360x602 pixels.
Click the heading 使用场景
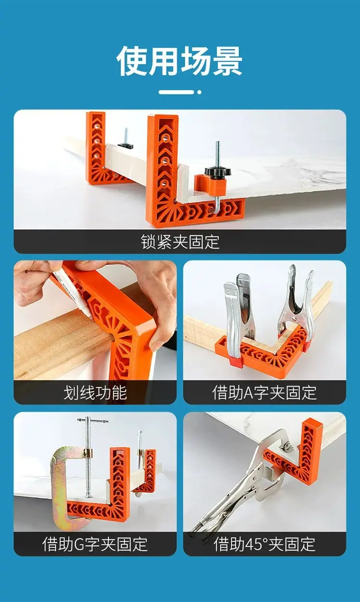[180, 61]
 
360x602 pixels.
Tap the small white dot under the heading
[199, 92]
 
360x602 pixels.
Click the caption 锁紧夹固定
[180, 242]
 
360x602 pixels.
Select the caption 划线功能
[95, 393]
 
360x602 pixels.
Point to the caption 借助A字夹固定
[264, 393]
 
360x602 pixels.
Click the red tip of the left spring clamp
[236, 362]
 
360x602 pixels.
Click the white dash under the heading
[176, 92]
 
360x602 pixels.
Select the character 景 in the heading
[228, 61]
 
